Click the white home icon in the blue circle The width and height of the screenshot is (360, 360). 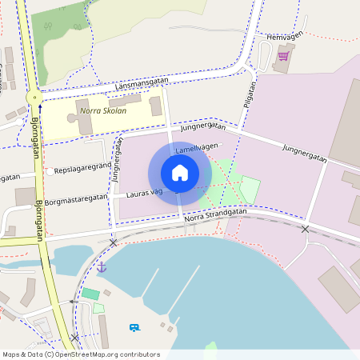click(180, 173)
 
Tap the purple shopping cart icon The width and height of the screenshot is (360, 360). click(282, 56)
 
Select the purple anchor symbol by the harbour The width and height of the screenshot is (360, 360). click(102, 267)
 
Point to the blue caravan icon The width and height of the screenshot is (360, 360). click(134, 327)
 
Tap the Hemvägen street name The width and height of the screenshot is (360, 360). click(284, 37)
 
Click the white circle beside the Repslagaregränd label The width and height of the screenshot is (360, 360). click(50, 171)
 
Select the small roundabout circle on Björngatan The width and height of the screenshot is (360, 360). click(33, 98)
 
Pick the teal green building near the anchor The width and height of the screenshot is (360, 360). click(90, 294)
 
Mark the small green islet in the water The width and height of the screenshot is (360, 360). click(210, 348)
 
